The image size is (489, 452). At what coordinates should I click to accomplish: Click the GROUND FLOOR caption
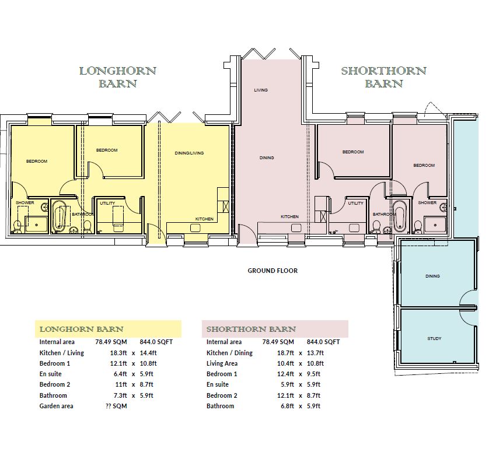[273, 271]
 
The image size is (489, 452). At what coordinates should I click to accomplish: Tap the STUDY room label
[434, 338]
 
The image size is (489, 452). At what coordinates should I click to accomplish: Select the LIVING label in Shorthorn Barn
[261, 90]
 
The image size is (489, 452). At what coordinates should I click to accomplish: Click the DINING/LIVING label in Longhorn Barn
[189, 153]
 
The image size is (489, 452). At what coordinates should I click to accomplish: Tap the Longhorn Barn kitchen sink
[196, 228]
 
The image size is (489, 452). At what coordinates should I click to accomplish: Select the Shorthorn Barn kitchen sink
[296, 228]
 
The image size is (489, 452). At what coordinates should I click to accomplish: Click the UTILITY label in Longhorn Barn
[107, 203]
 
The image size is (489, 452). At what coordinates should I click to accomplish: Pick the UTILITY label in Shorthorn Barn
[355, 203]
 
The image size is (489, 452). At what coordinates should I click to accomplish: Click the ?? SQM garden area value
[116, 406]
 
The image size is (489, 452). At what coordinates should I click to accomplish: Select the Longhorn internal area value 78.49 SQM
[111, 342]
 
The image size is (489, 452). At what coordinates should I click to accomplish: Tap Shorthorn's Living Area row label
[222, 363]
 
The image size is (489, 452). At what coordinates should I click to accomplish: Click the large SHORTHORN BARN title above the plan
[383, 78]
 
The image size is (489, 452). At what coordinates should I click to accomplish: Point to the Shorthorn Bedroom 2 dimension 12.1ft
[285, 395]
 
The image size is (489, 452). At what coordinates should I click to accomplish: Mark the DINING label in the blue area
[432, 276]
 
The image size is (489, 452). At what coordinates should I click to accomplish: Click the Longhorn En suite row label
[51, 374]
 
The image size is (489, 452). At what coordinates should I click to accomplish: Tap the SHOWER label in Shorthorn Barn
[427, 202]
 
